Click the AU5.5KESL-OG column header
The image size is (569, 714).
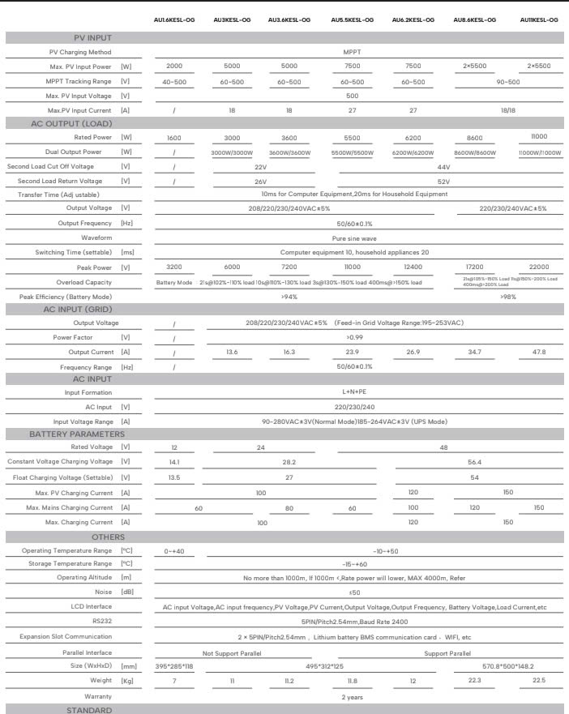click(353, 19)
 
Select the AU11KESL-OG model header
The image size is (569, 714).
click(539, 19)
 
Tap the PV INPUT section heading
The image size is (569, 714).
click(92, 38)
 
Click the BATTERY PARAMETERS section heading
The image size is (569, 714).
click(77, 434)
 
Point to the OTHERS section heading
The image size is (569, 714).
click(108, 537)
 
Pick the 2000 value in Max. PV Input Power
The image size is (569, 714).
click(174, 66)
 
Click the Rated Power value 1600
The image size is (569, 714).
click(174, 139)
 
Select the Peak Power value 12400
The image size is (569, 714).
click(413, 267)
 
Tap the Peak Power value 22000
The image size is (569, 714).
click(539, 267)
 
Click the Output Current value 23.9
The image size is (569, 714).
click(353, 353)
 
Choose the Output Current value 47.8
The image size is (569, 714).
click(539, 353)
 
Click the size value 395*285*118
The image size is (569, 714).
click(174, 666)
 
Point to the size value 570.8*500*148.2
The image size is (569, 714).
click(508, 666)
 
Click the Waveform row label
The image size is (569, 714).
click(96, 237)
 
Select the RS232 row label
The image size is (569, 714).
click(102, 622)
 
